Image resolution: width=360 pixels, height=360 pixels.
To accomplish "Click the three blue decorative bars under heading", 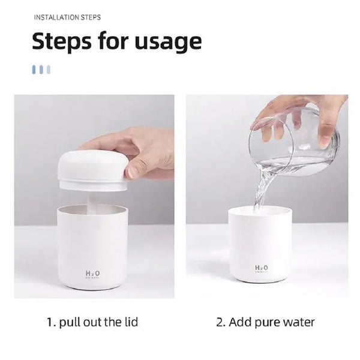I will point(41,70).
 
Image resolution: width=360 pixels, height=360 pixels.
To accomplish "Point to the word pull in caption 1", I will point(68,323).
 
